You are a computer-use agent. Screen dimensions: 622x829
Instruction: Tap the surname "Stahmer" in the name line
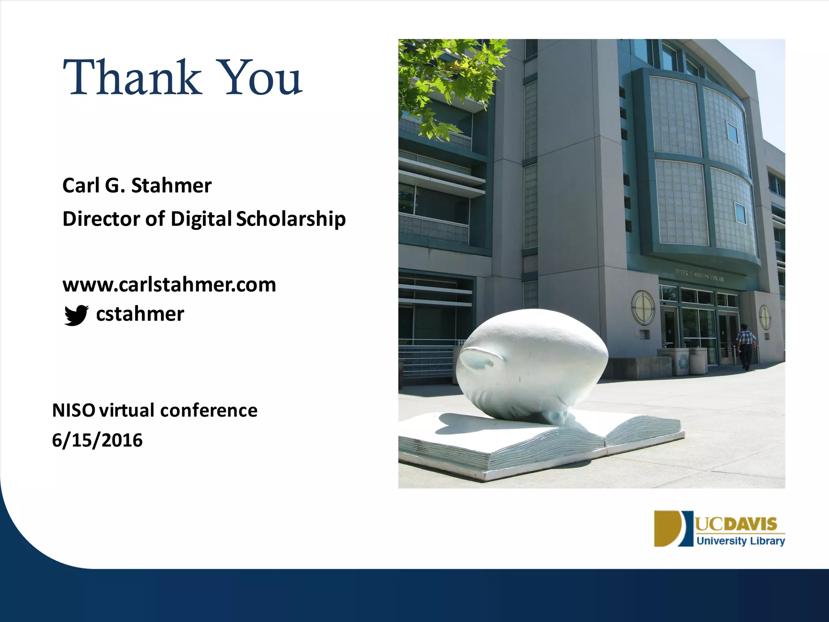(x=171, y=185)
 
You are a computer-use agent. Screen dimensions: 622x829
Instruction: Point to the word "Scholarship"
(x=291, y=219)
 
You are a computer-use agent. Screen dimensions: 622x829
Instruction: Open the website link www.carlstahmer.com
(x=169, y=284)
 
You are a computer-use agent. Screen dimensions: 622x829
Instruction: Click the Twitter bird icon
(x=76, y=315)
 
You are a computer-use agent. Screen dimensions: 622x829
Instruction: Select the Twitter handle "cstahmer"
(x=140, y=314)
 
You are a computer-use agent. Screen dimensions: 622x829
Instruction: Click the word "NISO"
(x=74, y=410)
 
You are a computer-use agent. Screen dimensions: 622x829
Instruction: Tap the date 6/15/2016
(x=97, y=440)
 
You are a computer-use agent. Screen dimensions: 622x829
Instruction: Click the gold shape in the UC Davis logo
(x=667, y=528)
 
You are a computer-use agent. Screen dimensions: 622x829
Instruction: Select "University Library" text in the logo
(x=740, y=541)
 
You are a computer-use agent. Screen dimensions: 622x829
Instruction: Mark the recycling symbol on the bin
(x=684, y=361)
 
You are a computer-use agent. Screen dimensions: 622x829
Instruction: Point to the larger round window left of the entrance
(x=643, y=307)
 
